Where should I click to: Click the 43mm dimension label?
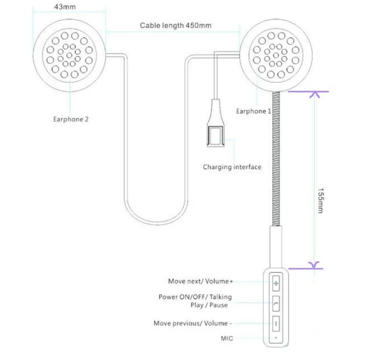65,6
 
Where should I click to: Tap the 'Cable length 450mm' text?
176,25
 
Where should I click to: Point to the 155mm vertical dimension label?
321,201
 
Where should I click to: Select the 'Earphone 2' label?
71,119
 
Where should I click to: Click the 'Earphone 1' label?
254,111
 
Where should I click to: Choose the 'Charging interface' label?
232,167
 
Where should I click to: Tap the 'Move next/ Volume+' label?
200,282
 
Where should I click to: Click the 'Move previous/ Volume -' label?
192,323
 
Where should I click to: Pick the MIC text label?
227,338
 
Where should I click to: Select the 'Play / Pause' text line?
209,305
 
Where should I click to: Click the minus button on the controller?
276,324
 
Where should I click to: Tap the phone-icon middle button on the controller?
276,303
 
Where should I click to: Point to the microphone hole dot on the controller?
276,338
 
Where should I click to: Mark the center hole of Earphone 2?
69,55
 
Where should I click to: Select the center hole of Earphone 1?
276,55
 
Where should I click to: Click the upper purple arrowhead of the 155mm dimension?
314,94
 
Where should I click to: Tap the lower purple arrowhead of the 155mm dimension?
314,265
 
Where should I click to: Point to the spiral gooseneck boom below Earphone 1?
276,159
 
